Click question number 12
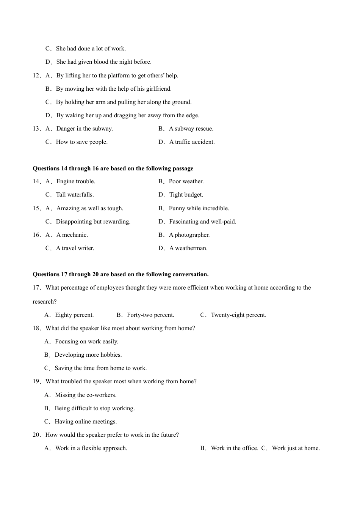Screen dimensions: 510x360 (x=36, y=76)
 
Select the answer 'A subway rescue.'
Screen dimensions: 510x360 (x=191, y=129)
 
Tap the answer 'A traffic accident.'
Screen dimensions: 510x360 (x=192, y=142)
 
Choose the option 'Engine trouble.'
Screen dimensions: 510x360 (x=76, y=181)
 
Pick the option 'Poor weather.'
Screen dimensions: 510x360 (x=186, y=181)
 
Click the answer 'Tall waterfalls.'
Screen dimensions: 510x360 (x=75, y=195)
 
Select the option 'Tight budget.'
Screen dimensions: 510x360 (x=186, y=195)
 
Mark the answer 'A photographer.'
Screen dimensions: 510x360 (x=189, y=235)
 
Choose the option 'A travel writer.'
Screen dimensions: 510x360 (x=75, y=248)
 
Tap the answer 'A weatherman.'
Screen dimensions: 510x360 (x=188, y=248)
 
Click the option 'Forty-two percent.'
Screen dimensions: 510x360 (x=150, y=315)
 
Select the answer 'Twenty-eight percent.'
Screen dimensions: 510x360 (x=238, y=315)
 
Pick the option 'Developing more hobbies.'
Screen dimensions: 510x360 (x=88, y=355)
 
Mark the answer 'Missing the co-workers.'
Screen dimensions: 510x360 (x=86, y=395)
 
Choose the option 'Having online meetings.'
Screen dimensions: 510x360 (x=86, y=422)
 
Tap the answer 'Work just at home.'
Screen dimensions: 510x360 (x=296, y=448)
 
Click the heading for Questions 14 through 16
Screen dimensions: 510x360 (x=113, y=168)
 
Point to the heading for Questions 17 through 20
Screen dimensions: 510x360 (x=121, y=274)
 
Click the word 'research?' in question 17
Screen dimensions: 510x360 (x=45, y=302)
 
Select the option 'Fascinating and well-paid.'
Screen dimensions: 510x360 (x=202, y=222)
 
